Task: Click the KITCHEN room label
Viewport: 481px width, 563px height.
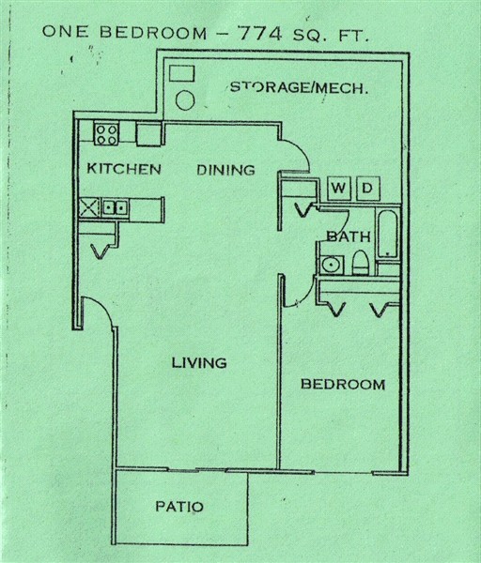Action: point(124,170)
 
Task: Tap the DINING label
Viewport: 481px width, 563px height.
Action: point(225,170)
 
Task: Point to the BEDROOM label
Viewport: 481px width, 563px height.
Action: point(342,385)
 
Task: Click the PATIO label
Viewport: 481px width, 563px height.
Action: point(178,507)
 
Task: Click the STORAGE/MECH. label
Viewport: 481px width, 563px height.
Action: point(298,88)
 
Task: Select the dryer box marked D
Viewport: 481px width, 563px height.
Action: point(367,189)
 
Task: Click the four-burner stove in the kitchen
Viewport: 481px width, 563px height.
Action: point(106,132)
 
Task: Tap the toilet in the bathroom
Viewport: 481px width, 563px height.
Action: point(360,266)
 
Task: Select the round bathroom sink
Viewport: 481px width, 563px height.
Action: point(330,265)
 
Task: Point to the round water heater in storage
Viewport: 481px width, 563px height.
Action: point(187,99)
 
